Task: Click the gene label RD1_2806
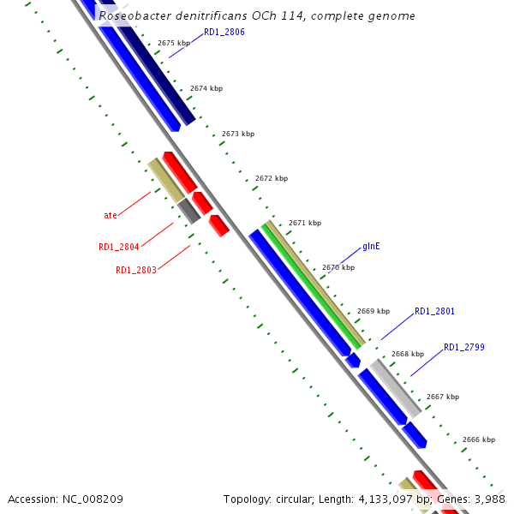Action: coord(224,32)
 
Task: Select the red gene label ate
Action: coord(111,215)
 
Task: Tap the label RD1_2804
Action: coord(118,248)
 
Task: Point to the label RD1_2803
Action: coord(135,270)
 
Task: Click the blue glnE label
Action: coord(371,246)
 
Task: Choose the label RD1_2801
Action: coord(434,311)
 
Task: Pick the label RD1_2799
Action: coord(463,347)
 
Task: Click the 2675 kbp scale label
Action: coord(176,43)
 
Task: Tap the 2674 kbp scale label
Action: coord(206,88)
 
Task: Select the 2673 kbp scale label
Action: coord(238,134)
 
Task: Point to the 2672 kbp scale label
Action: coord(272,178)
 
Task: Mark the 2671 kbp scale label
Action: coord(305,223)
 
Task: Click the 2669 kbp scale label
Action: coord(374,311)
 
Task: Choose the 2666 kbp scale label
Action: coord(479,439)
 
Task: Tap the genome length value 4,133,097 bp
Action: coord(385,499)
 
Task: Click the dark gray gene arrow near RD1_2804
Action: coord(189,211)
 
